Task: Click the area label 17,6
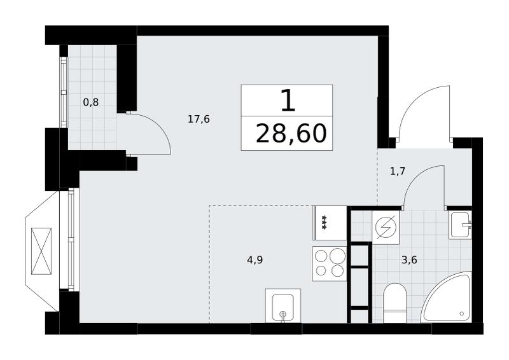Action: pos(199,119)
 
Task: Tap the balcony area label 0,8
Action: pos(91,102)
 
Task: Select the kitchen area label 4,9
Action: pos(255,260)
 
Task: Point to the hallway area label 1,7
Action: pos(398,170)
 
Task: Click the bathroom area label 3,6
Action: pos(409,260)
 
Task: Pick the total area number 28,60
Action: pos(291,134)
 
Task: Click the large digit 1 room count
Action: pos(288,100)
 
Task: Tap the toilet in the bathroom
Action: pos(394,303)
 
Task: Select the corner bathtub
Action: pos(446,297)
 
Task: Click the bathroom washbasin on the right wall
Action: pos(460,225)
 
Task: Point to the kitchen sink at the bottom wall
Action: pos(282,306)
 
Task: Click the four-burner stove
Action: pos(329,263)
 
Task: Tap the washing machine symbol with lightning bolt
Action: pos(386,227)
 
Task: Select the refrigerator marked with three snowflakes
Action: pos(330,223)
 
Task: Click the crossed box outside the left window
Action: pos(41,251)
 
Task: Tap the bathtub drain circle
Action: pos(462,314)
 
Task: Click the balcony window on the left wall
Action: pos(64,92)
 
